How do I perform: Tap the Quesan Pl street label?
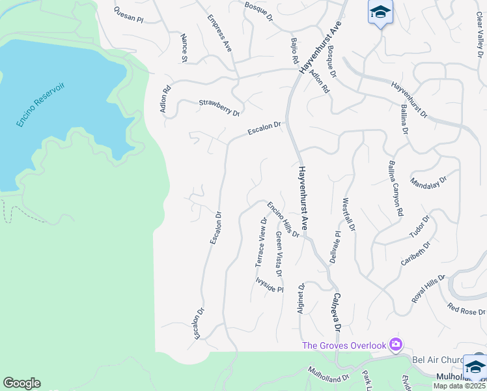tap(128, 15)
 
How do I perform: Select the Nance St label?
tap(184, 48)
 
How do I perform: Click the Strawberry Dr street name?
tap(219, 108)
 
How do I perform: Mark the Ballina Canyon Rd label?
tap(395, 188)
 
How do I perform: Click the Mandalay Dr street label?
tap(429, 181)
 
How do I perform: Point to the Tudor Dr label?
tap(420, 228)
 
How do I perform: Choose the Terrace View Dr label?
tap(262, 242)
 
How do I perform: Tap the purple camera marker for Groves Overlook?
tap(395, 344)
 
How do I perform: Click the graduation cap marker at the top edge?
tap(380, 12)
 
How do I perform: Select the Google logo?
tap(21, 383)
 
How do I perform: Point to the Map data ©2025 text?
tap(460, 386)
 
